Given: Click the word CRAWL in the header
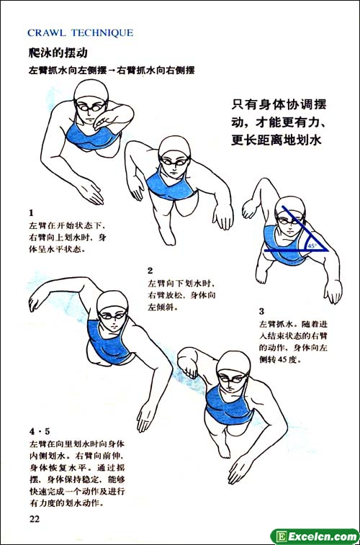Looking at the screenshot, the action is point(47,33).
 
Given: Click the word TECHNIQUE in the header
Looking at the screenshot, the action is point(102,33).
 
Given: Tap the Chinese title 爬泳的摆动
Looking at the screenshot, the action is point(58,53).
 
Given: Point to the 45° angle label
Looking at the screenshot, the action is point(312,246).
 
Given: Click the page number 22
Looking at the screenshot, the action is point(35,519).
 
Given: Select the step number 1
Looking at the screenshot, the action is point(31,212).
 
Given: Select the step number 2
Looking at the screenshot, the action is point(150,271).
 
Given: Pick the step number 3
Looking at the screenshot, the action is point(261,311).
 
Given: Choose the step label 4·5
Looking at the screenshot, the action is point(40,431).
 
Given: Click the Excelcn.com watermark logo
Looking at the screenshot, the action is point(315,536).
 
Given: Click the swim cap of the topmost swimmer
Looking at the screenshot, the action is point(91,90).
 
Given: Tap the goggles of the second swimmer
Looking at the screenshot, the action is point(174,161).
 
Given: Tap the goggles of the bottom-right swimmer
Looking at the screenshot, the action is point(233,378).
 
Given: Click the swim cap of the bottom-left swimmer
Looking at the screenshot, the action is point(112,301).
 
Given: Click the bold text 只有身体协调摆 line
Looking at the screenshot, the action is point(279,104).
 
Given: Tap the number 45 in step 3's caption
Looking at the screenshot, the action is point(283,359).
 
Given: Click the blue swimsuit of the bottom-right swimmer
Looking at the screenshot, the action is point(228,405).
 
